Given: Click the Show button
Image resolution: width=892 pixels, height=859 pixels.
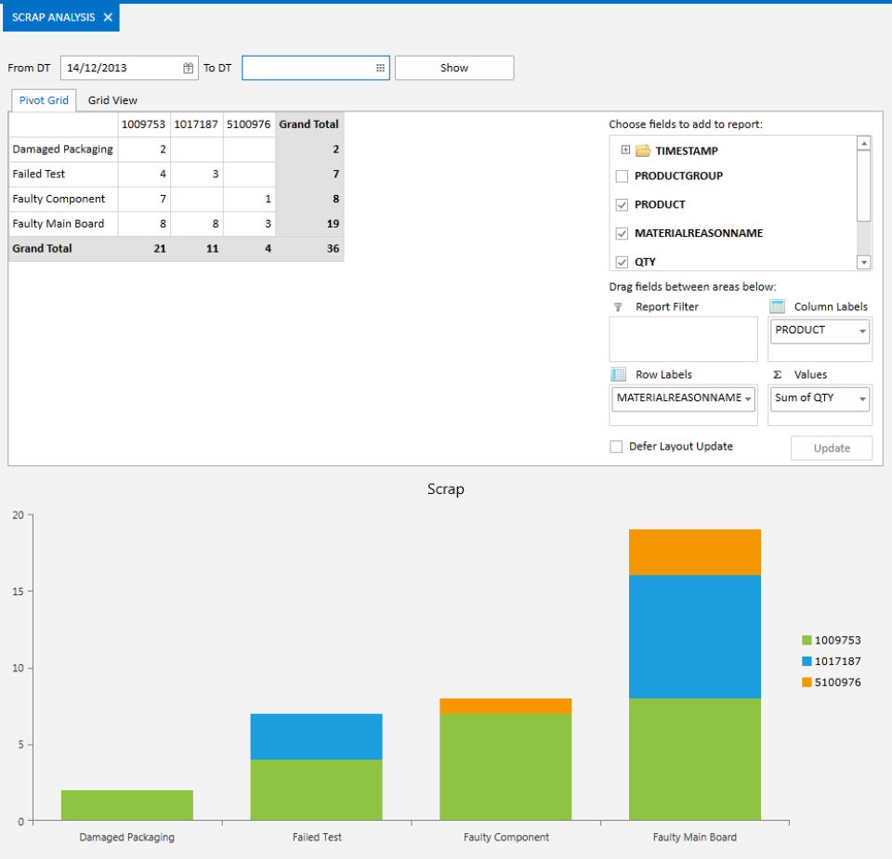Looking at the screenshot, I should coord(453,68).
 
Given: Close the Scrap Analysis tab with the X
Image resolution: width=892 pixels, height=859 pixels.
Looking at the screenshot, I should coord(108,18).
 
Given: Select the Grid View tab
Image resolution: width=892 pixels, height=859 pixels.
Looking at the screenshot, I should coord(112,100).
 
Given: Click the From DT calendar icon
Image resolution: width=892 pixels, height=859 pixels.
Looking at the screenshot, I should coord(188,68).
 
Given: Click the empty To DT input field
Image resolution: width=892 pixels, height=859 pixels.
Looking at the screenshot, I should coord(307,68).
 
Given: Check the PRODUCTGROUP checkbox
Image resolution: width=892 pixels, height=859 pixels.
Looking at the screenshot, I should coord(623,176).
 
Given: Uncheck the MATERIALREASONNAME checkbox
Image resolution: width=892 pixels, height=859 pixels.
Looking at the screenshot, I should coord(623,233).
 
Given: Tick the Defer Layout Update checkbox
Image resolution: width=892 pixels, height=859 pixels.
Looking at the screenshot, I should coord(616,447).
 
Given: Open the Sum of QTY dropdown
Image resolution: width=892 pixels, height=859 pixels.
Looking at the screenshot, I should coord(862,398).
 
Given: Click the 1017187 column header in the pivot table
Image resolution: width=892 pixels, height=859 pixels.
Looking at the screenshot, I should coord(196,124).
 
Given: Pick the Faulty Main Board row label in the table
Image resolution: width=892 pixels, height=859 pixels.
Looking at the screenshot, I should coord(59,224).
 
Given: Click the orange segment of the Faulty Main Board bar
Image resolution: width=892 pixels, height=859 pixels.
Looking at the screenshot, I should coord(694,553).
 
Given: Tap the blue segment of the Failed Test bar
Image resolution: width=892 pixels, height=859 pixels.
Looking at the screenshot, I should coord(316,736).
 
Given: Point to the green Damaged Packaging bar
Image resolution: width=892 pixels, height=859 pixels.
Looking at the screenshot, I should coord(127,805).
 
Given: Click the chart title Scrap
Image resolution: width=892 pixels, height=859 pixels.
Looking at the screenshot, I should coord(445,489).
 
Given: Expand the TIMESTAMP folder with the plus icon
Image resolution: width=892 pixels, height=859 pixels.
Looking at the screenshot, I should coord(625,150).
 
